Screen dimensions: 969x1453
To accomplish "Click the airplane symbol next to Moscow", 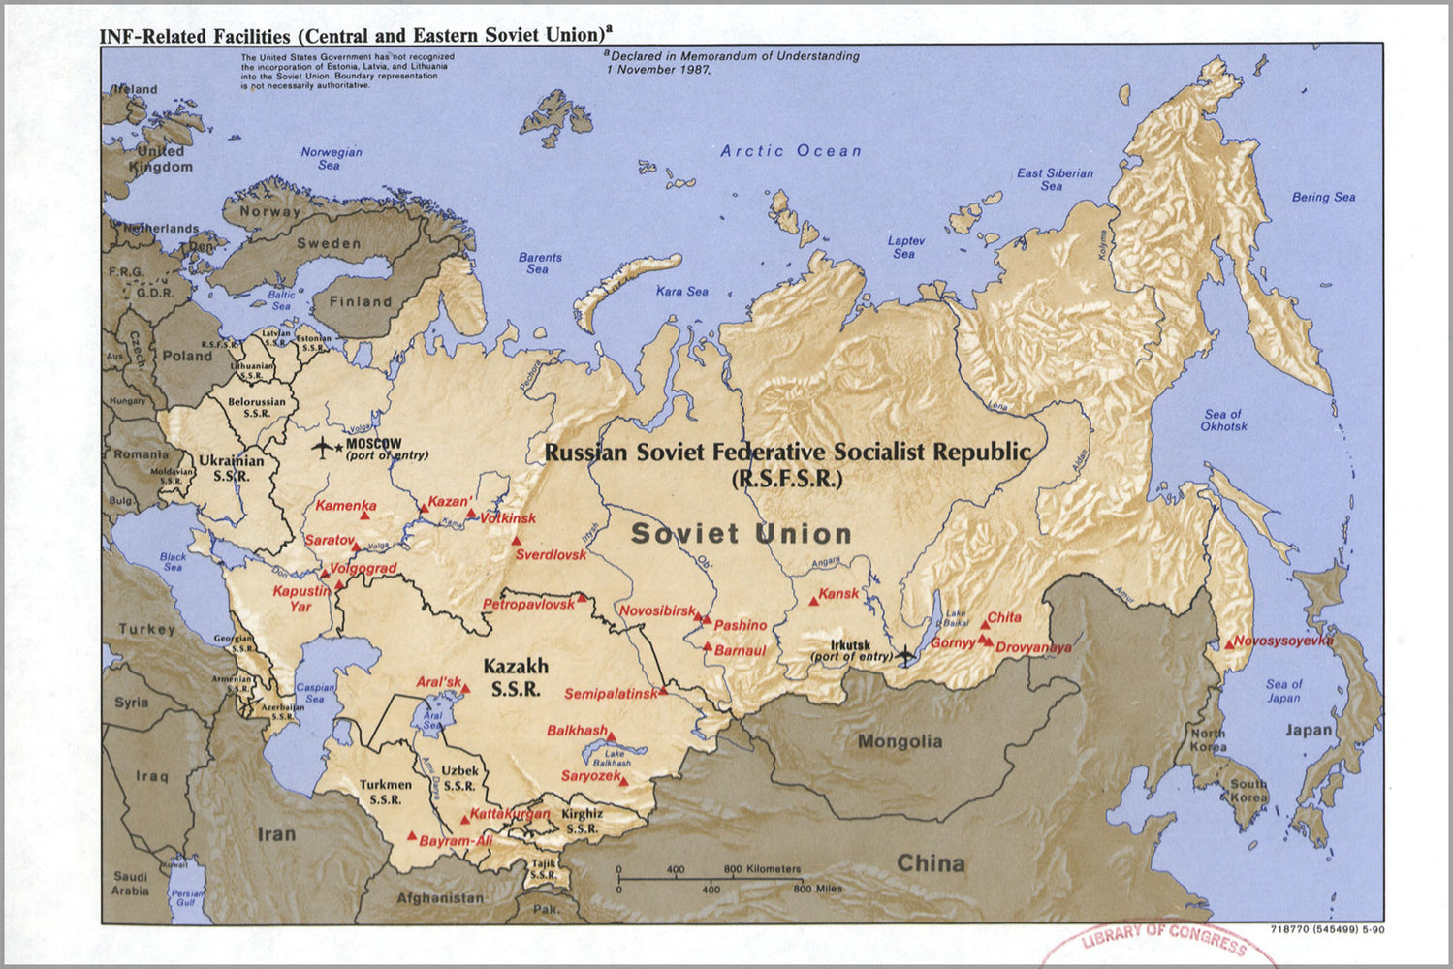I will click(x=322, y=447).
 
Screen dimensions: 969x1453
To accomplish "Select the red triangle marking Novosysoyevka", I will click(x=1229, y=643).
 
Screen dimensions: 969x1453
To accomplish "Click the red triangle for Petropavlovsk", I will click(x=582, y=598).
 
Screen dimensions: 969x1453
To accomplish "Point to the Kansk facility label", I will click(x=838, y=594).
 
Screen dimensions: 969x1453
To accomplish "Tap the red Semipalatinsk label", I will click(x=611, y=694).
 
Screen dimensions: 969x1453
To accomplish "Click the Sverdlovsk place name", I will click(x=551, y=555).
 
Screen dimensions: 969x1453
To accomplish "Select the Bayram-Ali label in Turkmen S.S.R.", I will click(x=456, y=841).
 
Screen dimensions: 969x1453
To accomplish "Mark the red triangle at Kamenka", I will click(x=365, y=516).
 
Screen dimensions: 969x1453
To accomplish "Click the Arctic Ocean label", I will click(x=790, y=151).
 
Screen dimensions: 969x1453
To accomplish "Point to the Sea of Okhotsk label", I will click(x=1223, y=421).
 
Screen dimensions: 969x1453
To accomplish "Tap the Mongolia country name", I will click(x=900, y=742).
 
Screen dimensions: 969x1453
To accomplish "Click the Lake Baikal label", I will click(x=956, y=618).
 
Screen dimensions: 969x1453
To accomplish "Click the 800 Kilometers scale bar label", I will click(x=762, y=869).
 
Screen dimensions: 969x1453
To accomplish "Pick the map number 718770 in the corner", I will click(x=1289, y=930).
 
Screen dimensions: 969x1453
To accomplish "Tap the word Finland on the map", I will click(x=360, y=301).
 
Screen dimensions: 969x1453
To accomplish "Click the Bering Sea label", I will click(x=1323, y=197).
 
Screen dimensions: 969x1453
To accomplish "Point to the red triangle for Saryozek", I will click(x=624, y=782).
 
